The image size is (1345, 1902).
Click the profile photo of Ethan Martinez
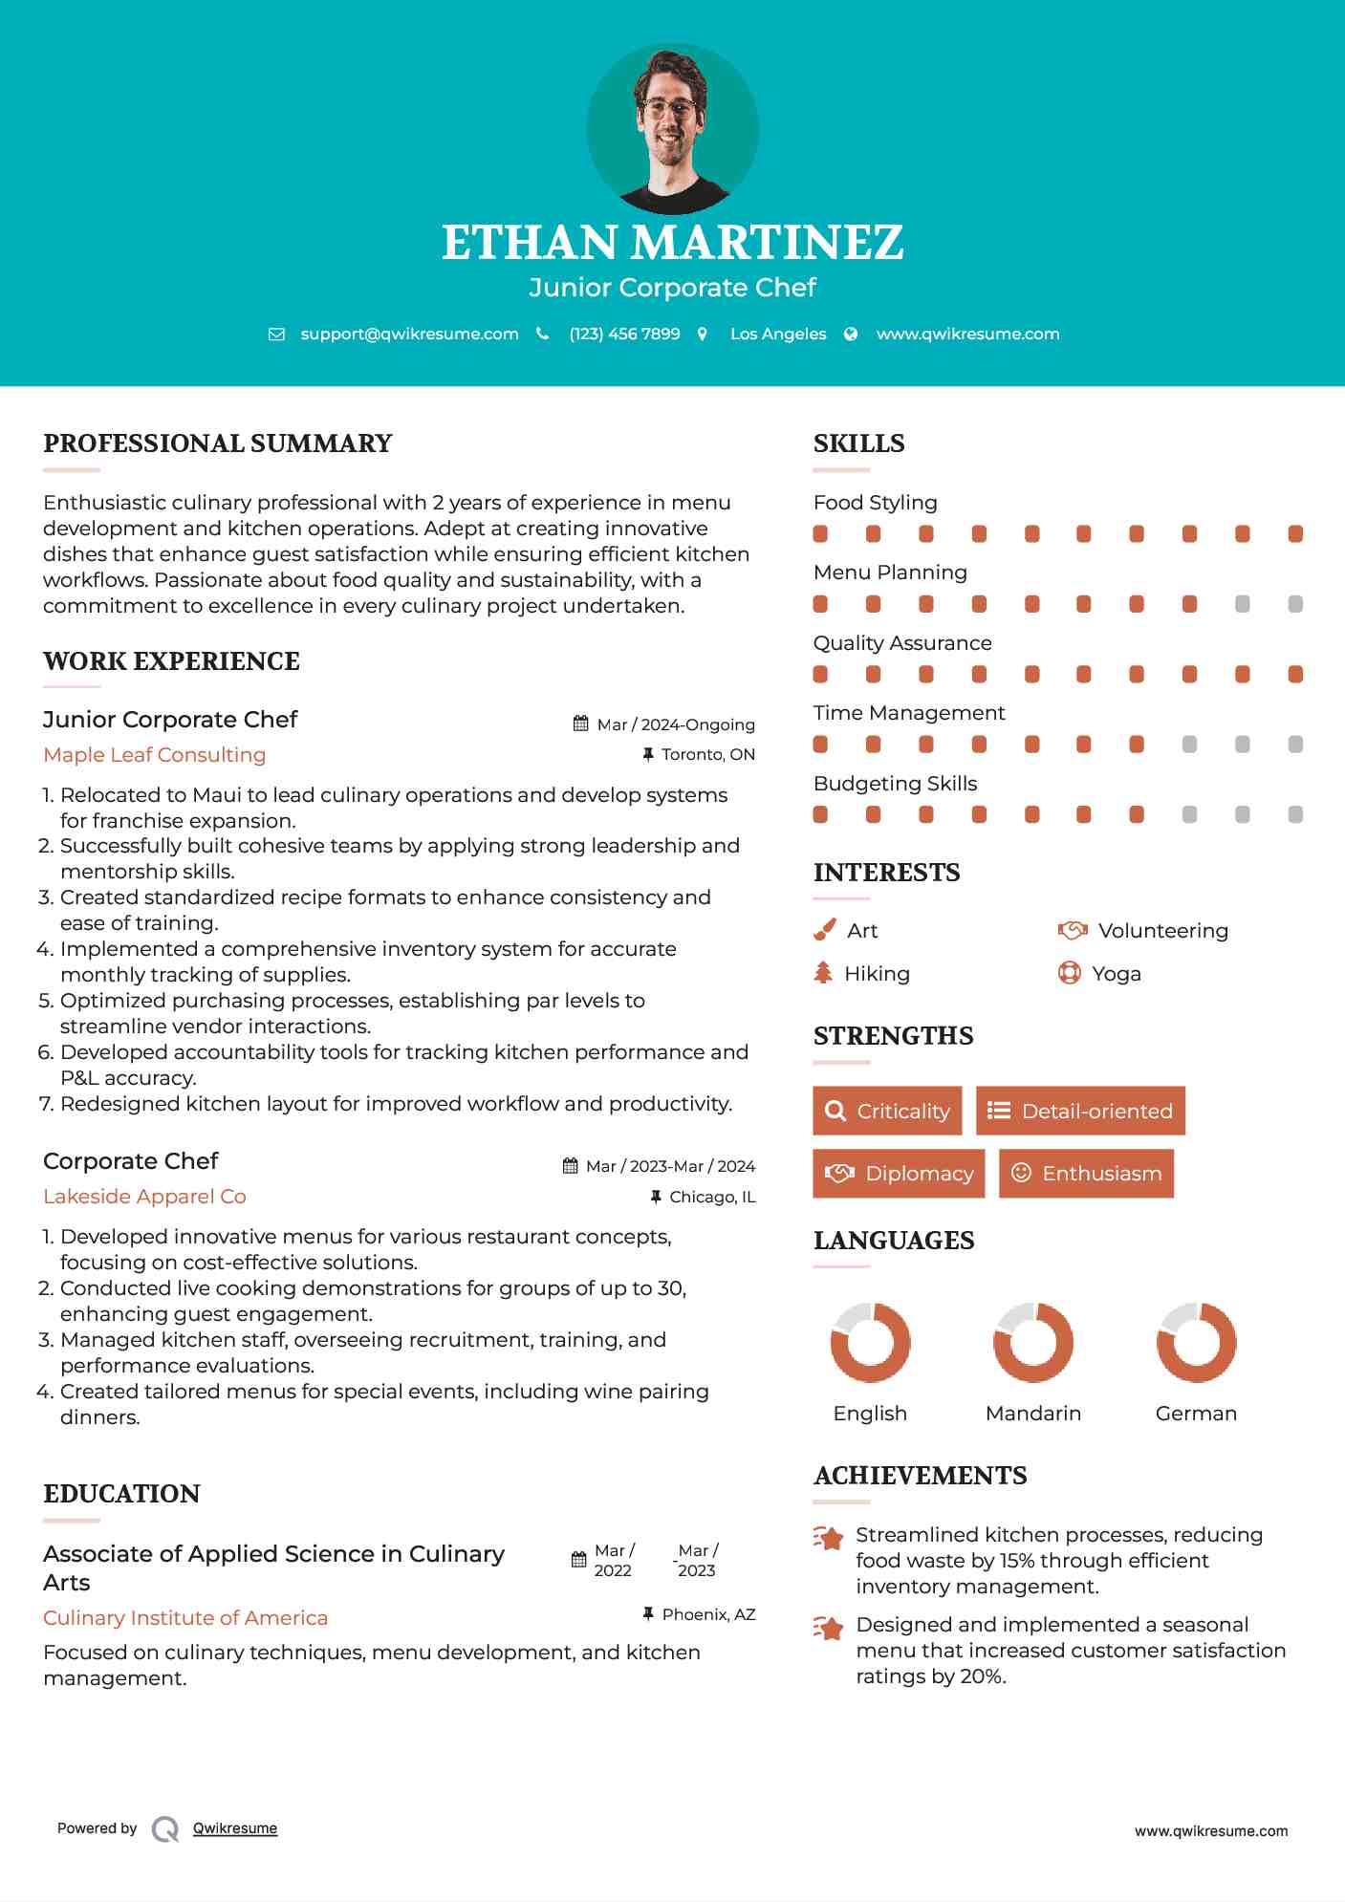[x=672, y=128]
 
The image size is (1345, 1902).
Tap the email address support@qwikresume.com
[x=409, y=334]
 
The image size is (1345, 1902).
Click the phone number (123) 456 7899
[x=624, y=334]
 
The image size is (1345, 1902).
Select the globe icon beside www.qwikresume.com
[x=851, y=334]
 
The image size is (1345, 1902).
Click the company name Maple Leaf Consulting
[x=155, y=754]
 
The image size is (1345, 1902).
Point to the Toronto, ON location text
[x=707, y=754]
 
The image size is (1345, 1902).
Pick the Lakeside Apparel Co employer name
[x=144, y=1196]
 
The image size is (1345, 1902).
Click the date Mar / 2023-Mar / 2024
[x=669, y=1166]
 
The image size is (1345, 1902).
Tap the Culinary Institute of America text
[x=185, y=1617]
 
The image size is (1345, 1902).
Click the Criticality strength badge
[x=887, y=1111]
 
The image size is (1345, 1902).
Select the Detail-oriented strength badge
[x=1080, y=1111]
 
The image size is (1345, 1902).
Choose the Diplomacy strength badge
[x=899, y=1173]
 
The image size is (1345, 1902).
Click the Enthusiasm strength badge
[x=1086, y=1173]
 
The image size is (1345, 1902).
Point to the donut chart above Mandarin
[x=1033, y=1342]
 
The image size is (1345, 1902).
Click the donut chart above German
[x=1196, y=1342]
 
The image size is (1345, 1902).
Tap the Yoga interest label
[x=1116, y=973]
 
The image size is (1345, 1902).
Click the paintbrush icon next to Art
[x=824, y=930]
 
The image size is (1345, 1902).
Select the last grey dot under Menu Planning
[x=1295, y=604]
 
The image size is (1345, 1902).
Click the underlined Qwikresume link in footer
[x=235, y=1827]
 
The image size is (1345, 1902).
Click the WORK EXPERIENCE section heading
[x=171, y=660]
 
